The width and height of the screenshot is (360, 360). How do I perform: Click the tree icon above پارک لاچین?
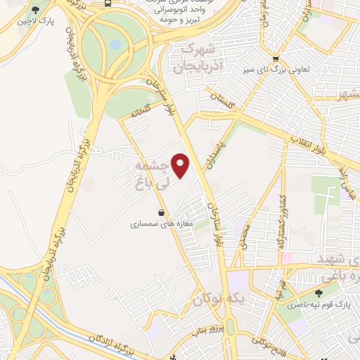tap(35, 11)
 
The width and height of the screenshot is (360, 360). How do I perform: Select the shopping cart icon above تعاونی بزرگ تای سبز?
tap(276, 59)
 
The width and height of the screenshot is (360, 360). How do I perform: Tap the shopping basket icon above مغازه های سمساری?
tap(162, 212)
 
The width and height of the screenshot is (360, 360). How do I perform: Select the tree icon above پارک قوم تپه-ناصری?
tap(319, 293)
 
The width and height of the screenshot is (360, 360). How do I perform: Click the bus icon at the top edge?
tap(108, 3)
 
